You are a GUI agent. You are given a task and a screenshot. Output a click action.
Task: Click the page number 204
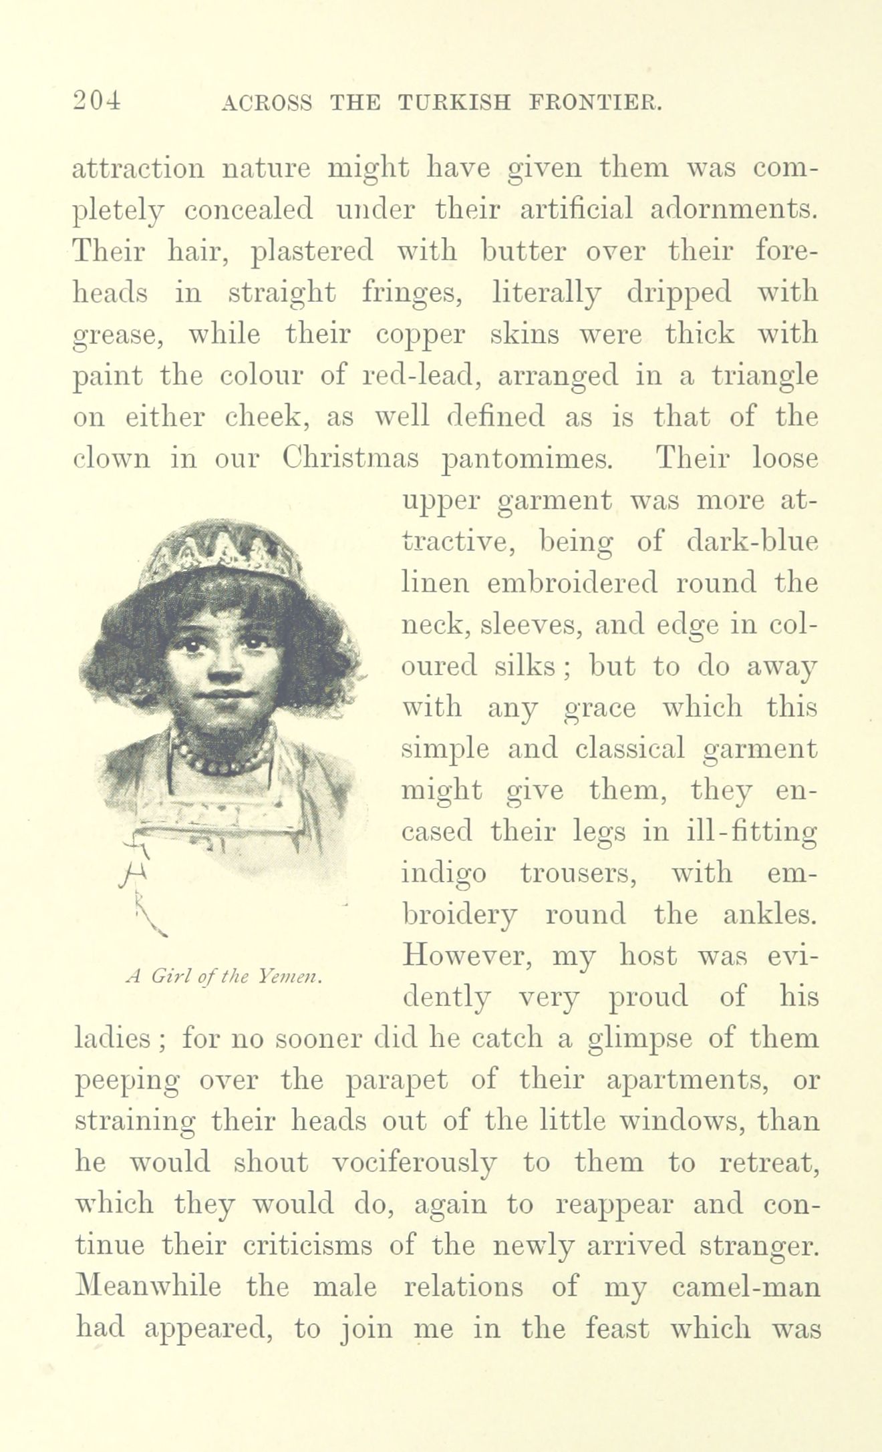[98, 100]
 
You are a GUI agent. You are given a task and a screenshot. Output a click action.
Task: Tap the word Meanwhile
[149, 1287]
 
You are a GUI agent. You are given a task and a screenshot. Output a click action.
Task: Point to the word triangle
[764, 375]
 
